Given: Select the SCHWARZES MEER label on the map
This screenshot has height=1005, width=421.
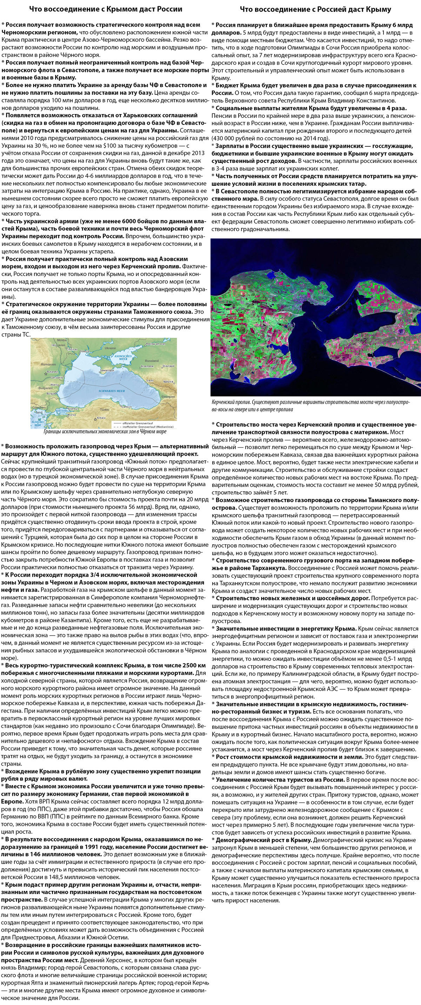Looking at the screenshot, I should point(112,390).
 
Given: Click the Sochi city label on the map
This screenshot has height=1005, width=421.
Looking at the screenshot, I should point(150,380).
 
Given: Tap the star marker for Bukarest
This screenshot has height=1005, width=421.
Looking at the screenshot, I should point(46,374).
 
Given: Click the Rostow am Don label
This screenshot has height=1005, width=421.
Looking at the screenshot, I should point(155,344).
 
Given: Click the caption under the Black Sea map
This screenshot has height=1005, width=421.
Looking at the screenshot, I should point(105,432).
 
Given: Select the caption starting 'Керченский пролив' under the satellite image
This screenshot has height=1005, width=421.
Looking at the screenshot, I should point(310,405).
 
